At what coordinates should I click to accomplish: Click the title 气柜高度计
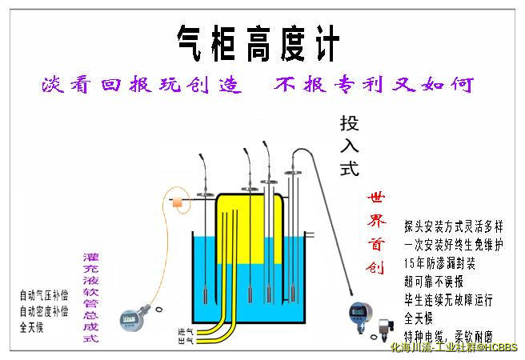click(258, 42)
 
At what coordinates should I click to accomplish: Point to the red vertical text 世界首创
click(375, 232)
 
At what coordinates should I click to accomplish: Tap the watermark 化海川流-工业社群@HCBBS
click(453, 348)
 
